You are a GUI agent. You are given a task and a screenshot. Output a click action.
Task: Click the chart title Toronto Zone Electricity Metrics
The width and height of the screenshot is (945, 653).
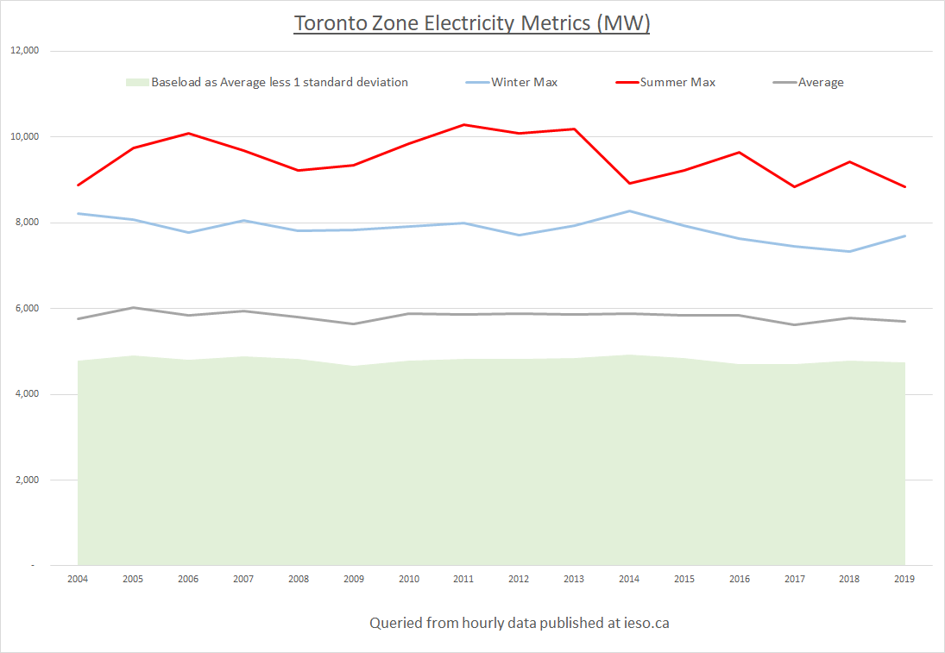tap(471, 23)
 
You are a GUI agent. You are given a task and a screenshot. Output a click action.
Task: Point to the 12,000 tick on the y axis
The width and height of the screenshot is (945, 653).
tap(25, 51)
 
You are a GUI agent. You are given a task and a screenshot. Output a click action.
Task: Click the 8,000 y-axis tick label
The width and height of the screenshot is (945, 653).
tap(28, 223)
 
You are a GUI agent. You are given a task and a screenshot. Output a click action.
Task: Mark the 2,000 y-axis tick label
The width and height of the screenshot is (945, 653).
tap(28, 480)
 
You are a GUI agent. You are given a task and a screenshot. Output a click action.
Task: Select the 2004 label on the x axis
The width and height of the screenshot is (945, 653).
tap(78, 579)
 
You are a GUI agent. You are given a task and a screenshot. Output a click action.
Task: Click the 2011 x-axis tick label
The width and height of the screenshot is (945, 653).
tap(464, 579)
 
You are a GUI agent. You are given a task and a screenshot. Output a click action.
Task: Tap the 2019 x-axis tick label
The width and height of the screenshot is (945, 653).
tap(905, 579)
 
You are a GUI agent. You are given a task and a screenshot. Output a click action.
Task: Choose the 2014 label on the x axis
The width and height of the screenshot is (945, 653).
tap(629, 579)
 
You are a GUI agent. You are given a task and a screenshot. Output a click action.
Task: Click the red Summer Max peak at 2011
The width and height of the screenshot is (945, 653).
tap(464, 125)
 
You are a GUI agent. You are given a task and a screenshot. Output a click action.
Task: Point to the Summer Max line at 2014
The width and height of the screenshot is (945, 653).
tap(629, 183)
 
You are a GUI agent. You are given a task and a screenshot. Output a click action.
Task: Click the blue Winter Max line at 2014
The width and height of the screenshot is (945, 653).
tap(629, 211)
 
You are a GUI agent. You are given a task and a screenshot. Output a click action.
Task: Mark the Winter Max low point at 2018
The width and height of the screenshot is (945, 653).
tap(850, 251)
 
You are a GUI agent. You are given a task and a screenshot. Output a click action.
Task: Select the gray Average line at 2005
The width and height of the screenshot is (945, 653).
tap(133, 308)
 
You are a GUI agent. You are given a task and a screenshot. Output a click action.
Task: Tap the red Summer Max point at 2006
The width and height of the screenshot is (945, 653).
tap(188, 134)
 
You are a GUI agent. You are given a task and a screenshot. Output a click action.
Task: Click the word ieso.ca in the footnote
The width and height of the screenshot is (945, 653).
tap(646, 622)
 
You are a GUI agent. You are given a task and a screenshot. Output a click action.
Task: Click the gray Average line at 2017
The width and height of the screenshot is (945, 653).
tap(795, 324)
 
